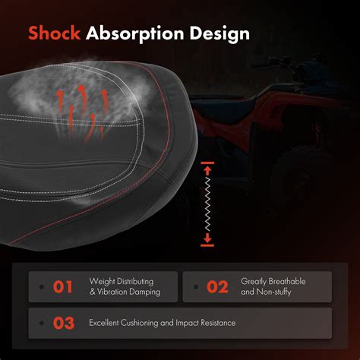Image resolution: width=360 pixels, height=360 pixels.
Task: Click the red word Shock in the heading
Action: click(54, 33)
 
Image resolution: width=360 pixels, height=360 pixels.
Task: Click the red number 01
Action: click(62, 287)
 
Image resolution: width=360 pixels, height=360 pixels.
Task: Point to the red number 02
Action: click(217, 287)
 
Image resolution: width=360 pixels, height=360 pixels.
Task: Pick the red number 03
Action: click(64, 324)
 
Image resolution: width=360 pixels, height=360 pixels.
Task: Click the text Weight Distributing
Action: click(122, 282)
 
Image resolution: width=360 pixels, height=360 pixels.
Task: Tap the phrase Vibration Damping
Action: click(129, 292)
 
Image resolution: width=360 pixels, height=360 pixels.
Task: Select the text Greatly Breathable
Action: click(273, 282)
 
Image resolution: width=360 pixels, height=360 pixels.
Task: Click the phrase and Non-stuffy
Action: click(266, 292)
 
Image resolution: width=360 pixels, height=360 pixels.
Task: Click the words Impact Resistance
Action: click(206, 323)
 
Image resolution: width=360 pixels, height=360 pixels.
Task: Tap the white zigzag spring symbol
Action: click(207, 204)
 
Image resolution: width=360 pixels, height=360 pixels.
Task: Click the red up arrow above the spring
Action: click(207, 171)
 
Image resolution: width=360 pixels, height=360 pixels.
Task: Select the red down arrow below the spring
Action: click(207, 238)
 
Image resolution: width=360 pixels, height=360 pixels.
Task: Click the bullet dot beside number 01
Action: click(42, 287)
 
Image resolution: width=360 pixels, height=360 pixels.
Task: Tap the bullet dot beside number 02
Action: click(196, 287)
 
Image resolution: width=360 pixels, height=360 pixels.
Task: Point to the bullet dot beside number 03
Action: click(42, 323)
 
